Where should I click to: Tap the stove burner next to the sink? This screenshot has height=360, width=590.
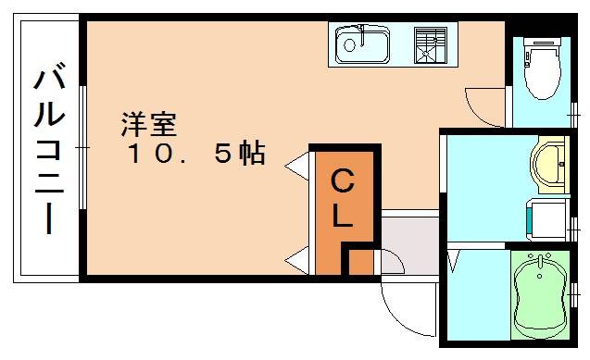(x=430, y=43)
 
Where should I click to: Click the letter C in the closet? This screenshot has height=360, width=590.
(x=343, y=183)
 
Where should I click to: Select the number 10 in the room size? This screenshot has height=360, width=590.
(x=152, y=153)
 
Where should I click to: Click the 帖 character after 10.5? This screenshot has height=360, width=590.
(x=252, y=153)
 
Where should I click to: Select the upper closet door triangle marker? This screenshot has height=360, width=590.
(x=298, y=168)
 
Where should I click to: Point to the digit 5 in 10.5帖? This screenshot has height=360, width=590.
(x=223, y=153)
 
